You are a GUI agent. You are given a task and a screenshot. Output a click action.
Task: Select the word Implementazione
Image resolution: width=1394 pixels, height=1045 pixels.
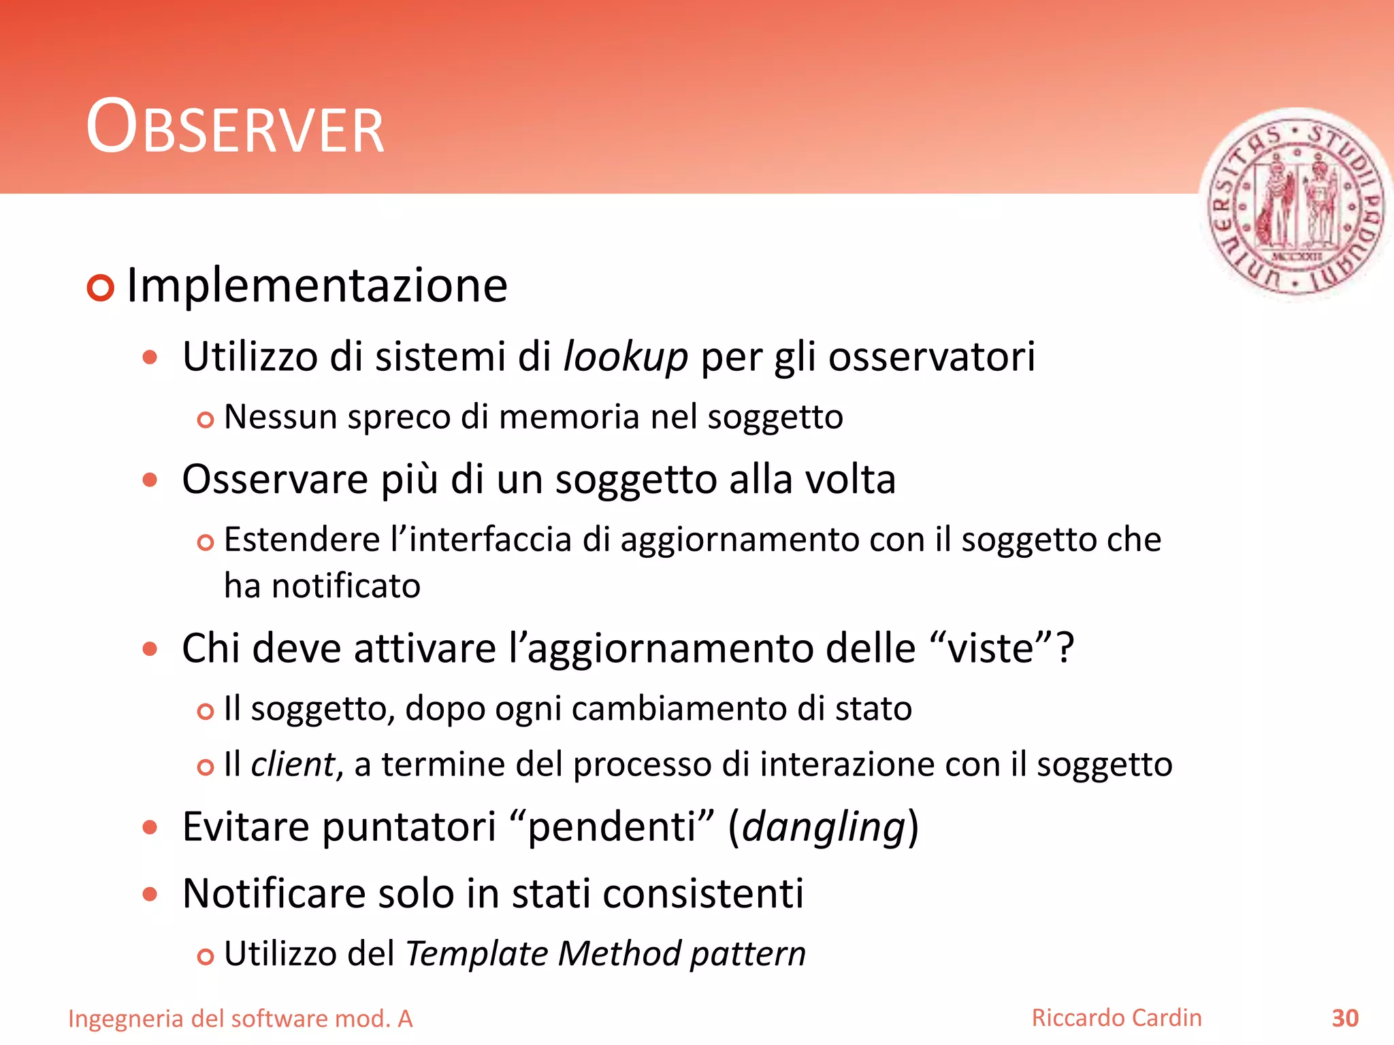point(317,285)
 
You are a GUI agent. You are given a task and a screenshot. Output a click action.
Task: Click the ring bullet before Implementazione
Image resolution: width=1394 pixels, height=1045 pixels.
point(100,288)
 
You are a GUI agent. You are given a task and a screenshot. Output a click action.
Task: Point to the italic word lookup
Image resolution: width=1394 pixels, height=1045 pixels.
point(626,356)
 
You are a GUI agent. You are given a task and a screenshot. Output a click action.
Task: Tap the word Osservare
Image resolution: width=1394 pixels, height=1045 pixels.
point(275,479)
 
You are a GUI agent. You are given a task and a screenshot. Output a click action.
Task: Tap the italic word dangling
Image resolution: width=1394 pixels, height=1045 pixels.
point(823,827)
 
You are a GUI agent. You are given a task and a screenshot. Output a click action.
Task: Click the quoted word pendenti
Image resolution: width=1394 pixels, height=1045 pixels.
point(612,827)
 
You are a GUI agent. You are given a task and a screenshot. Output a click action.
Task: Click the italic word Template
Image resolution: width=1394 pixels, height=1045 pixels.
point(476,953)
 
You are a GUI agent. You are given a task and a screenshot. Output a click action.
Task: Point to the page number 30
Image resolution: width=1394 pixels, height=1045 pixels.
point(1345,1018)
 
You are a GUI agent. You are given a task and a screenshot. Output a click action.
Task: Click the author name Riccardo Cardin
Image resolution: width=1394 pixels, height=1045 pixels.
point(1116,1018)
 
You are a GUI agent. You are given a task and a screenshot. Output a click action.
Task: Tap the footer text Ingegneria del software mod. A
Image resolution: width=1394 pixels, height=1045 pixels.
point(240,1018)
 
